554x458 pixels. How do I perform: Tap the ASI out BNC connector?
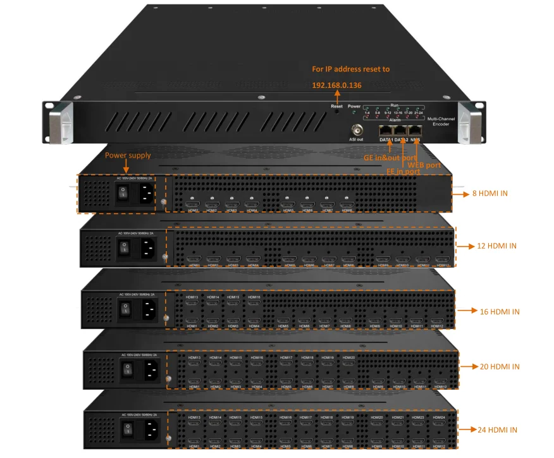pyautogui.click(x=356, y=130)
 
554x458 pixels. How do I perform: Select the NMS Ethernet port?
pyautogui.click(x=415, y=130)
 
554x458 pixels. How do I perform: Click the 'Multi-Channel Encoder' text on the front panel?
pyautogui.click(x=441, y=121)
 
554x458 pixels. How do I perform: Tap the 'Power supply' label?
pyautogui.click(x=128, y=155)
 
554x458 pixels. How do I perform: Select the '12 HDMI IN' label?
pyautogui.click(x=495, y=245)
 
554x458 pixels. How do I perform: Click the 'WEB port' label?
pyautogui.click(x=424, y=165)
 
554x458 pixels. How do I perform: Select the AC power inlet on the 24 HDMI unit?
pyautogui.click(x=151, y=430)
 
